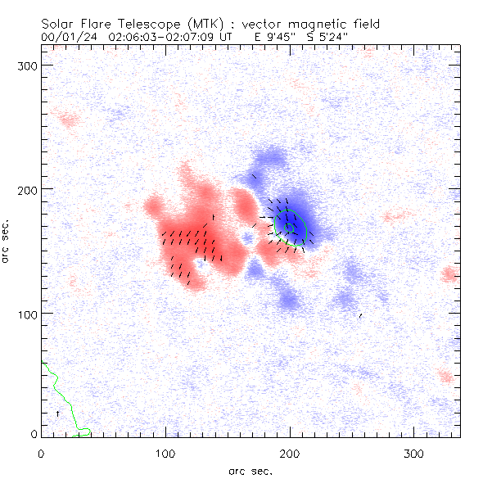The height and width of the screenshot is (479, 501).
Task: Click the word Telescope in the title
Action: pyautogui.click(x=138, y=25)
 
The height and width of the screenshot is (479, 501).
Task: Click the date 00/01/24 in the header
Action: pyautogui.click(x=64, y=37)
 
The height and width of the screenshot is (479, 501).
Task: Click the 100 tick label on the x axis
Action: pyautogui.click(x=165, y=453)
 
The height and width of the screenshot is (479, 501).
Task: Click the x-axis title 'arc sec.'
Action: pyautogui.click(x=249, y=471)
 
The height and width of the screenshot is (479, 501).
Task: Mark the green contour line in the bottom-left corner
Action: pyautogui.click(x=61, y=393)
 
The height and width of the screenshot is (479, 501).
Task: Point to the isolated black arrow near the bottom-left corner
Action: pyautogui.click(x=57, y=414)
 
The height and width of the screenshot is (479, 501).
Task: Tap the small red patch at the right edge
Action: pyautogui.click(x=449, y=274)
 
